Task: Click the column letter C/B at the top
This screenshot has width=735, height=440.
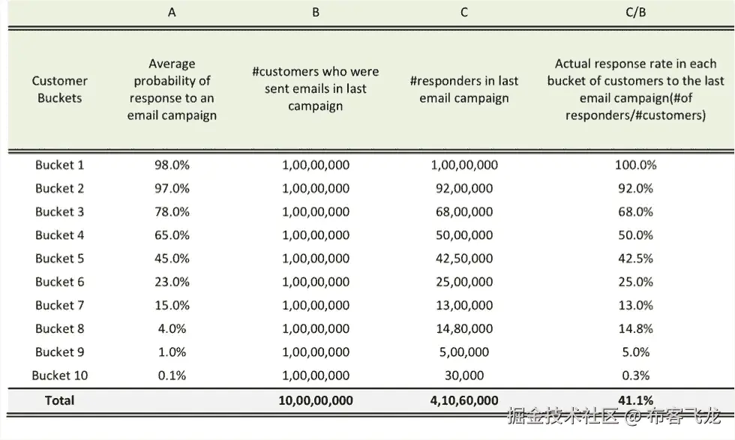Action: click(635, 13)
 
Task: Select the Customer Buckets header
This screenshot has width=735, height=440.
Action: click(59, 89)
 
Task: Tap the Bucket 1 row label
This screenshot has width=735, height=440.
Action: click(59, 165)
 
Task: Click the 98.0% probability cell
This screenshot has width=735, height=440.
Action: click(172, 165)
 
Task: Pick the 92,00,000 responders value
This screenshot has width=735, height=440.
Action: click(464, 188)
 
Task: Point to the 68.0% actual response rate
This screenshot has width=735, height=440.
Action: click(635, 211)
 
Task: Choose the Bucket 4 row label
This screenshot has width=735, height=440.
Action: click(59, 235)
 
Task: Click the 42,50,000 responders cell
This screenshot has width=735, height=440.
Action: click(464, 259)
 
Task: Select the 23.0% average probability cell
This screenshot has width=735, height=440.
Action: click(172, 282)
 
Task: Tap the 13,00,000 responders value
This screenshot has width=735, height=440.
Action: click(464, 305)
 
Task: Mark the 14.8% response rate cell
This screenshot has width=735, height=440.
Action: click(635, 328)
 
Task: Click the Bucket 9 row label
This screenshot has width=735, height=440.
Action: click(59, 352)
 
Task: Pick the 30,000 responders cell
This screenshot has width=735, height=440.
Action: click(464, 375)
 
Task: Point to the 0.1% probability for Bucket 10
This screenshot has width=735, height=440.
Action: click(172, 375)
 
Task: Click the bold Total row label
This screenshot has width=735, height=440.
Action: click(59, 400)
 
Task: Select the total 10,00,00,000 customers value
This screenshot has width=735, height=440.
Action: click(316, 400)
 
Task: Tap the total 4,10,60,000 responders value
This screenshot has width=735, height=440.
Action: click(464, 400)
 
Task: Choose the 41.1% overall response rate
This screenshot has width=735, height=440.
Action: click(635, 400)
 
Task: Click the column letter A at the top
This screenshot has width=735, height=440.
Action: click(172, 13)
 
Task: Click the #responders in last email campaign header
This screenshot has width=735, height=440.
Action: click(464, 89)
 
